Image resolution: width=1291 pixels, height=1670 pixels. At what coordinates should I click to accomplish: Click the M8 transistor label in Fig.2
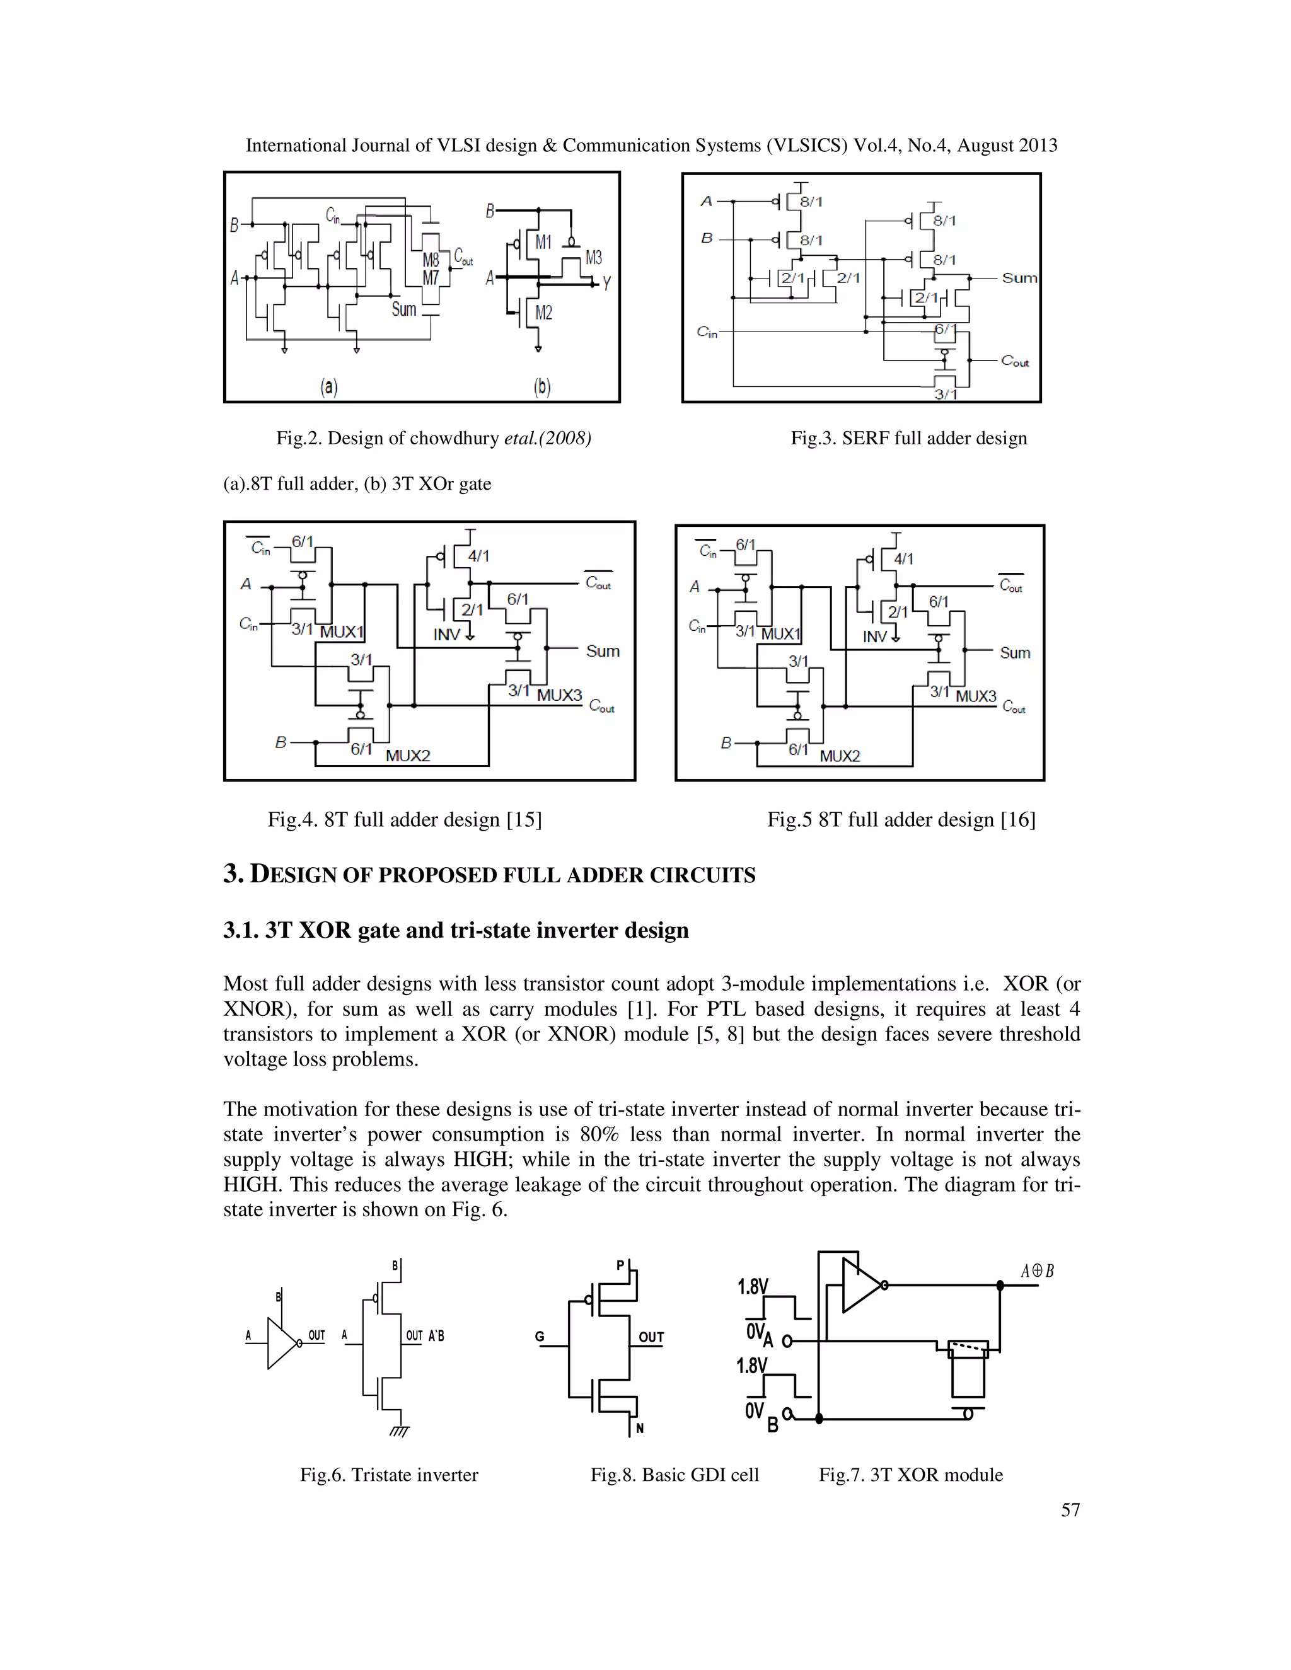(x=431, y=260)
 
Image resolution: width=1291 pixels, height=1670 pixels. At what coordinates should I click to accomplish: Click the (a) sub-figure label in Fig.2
(x=329, y=387)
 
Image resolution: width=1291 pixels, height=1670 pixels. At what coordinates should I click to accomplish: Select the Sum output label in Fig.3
(x=1019, y=279)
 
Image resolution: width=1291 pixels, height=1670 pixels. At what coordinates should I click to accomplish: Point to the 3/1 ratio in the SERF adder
(x=946, y=394)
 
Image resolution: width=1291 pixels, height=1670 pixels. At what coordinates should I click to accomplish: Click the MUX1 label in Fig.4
(x=341, y=631)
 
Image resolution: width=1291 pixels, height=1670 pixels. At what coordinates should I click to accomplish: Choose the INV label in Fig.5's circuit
(x=875, y=636)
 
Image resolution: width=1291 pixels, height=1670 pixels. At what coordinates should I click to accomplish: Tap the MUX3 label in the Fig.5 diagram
(x=976, y=696)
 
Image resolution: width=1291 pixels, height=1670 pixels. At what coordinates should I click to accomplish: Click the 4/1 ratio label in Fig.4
(x=479, y=556)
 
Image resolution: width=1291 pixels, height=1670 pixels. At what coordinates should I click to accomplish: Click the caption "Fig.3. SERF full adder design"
(x=908, y=438)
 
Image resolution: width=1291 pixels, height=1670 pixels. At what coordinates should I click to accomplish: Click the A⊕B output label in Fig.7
(x=1037, y=1271)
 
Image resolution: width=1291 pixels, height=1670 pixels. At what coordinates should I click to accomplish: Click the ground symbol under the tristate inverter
(x=399, y=1431)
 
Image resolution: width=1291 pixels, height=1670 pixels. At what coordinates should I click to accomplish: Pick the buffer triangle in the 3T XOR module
(x=860, y=1286)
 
